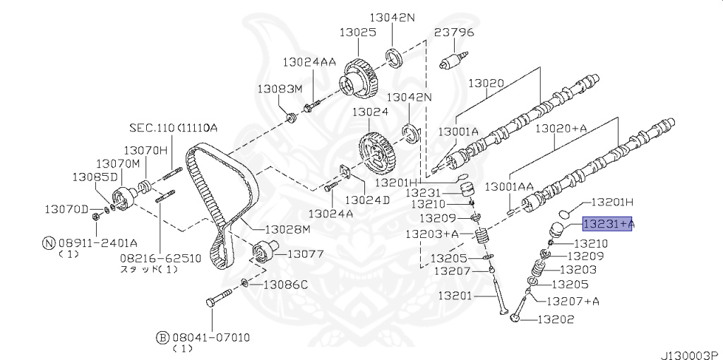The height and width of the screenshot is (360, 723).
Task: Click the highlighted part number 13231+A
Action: point(608,224)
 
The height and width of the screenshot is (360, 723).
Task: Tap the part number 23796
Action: point(454,32)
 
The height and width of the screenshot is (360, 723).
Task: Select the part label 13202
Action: point(555,319)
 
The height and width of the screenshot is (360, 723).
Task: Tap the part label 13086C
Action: point(285,285)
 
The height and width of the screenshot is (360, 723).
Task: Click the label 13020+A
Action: point(561,129)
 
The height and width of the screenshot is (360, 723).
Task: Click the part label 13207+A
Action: point(573,301)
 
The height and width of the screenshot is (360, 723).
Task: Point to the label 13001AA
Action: point(509,186)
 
